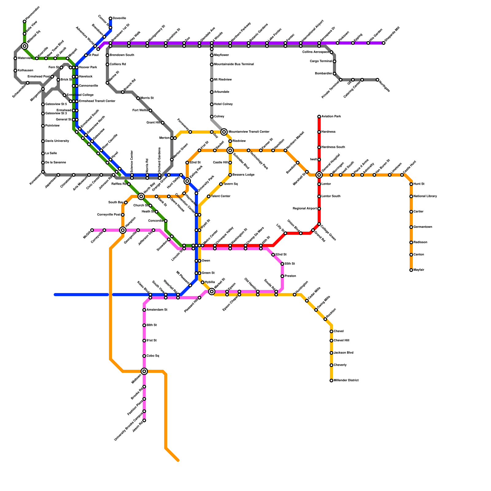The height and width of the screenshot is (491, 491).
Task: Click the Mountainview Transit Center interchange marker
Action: [224, 132]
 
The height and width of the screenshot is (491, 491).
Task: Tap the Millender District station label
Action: [346, 381]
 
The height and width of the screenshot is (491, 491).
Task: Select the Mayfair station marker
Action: [411, 270]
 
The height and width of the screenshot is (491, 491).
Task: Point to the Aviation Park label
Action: [331, 117]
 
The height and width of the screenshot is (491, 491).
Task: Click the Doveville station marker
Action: [110, 18]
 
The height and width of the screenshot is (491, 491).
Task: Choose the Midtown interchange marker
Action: [144, 371]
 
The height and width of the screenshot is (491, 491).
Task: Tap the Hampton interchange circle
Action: [123, 230]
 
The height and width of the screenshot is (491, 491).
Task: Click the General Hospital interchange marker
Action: [319, 175]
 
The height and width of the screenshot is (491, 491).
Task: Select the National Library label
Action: [425, 196]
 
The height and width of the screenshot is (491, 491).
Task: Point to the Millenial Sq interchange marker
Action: [25, 46]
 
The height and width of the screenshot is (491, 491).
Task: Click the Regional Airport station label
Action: [305, 209]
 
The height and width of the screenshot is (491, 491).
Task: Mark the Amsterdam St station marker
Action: [144, 310]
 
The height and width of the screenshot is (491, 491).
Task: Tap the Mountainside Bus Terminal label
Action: [234, 64]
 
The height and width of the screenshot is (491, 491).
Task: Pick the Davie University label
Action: [57, 141]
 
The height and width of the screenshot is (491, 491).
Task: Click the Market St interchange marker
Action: [212, 292]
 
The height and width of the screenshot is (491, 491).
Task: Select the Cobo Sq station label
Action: [153, 356]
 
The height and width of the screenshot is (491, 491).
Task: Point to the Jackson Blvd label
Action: [343, 353]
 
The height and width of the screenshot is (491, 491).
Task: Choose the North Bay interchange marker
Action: [141, 196]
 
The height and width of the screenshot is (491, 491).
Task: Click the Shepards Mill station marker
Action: [384, 43]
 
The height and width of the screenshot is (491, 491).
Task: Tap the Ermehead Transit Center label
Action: [97, 101]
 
